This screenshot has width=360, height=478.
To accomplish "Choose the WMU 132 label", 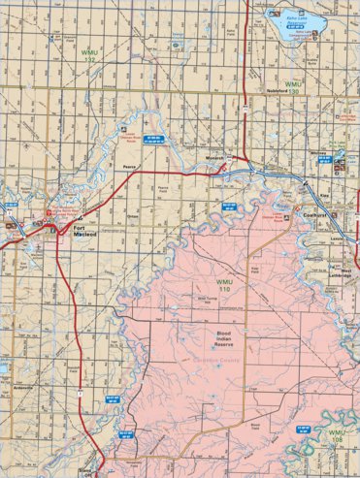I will point(90,54).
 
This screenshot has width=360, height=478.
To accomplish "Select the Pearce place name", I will point(129,166).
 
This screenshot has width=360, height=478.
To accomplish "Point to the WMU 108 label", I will point(337,434).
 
